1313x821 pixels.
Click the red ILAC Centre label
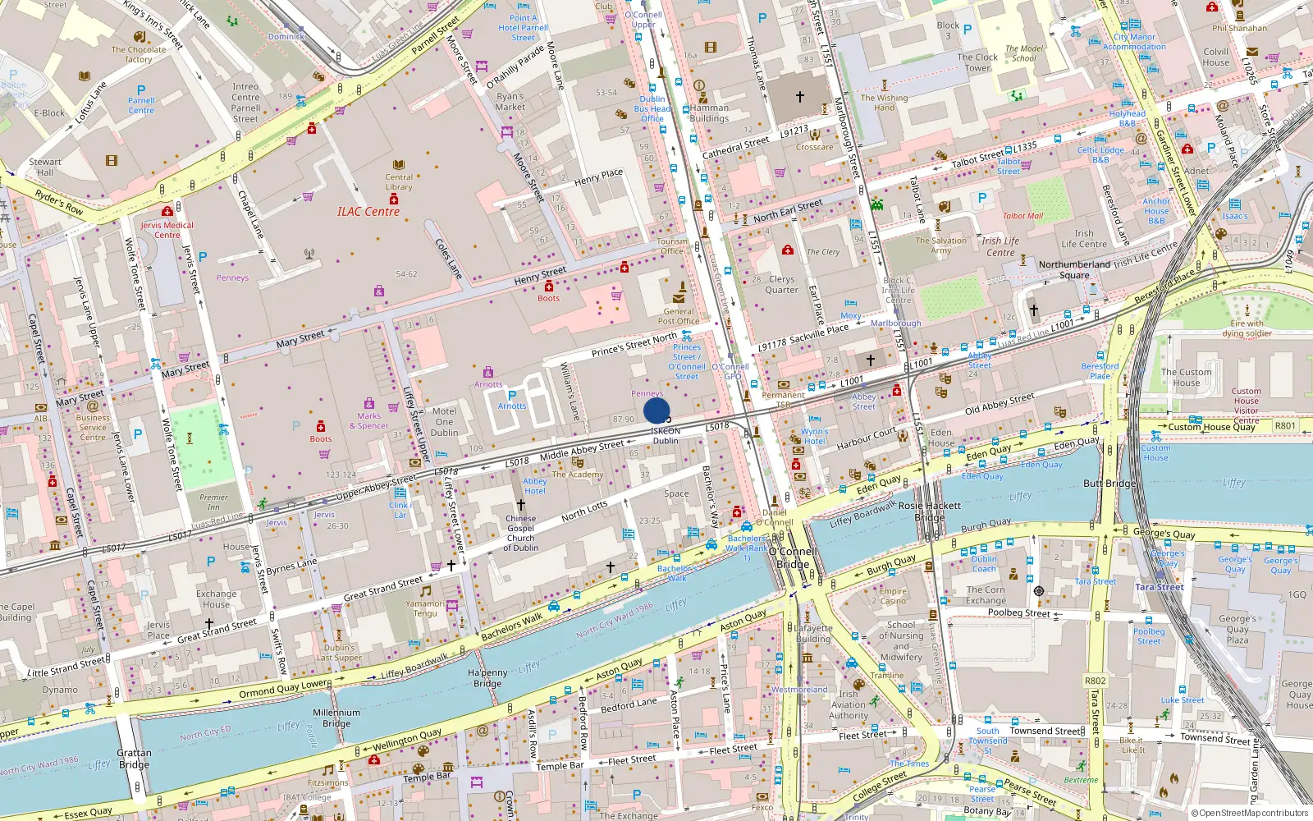pyautogui.click(x=368, y=212)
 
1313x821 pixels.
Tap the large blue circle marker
pyautogui.click(x=656, y=410)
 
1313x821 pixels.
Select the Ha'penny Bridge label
pyautogui.click(x=487, y=678)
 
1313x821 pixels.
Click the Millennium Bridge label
pyautogui.click(x=336, y=718)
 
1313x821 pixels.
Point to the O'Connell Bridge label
pyautogui.click(x=793, y=557)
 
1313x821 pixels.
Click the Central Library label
pyautogui.click(x=399, y=181)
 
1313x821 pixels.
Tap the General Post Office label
pyautogui.click(x=679, y=316)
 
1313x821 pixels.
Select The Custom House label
pyautogui.click(x=1186, y=378)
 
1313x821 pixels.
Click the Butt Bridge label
pyautogui.click(x=1109, y=484)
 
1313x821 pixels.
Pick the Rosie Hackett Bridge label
pyautogui.click(x=930, y=511)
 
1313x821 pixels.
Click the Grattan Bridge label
pyautogui.click(x=134, y=759)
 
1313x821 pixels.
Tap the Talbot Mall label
pyautogui.click(x=1022, y=216)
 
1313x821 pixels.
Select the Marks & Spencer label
pyautogui.click(x=369, y=421)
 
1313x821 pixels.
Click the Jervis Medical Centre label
pyautogui.click(x=167, y=230)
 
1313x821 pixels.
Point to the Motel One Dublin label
pyautogui.click(x=444, y=422)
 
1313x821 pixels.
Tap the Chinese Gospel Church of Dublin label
pyautogui.click(x=521, y=533)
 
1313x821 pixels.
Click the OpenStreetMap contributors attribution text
pyautogui.click(x=1249, y=813)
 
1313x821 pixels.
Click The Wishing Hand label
pyautogui.click(x=884, y=103)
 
